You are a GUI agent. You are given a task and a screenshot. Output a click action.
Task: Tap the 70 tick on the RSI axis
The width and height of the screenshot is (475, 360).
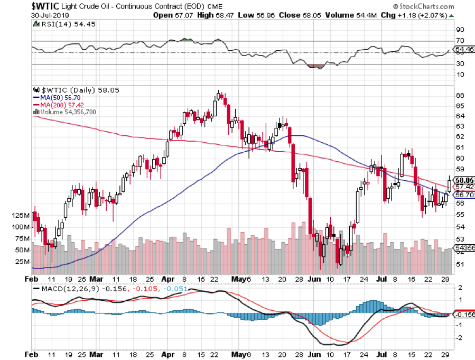coord(460,41)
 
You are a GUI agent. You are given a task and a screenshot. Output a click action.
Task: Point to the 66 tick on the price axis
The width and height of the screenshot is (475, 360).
coord(460,95)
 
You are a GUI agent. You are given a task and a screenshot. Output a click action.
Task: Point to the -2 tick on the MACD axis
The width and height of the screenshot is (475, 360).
coord(460,337)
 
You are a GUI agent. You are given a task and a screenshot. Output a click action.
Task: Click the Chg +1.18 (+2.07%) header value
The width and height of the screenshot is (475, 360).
coord(418,15)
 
